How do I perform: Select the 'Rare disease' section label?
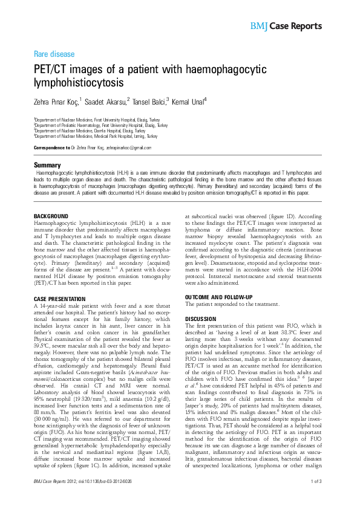(54, 54)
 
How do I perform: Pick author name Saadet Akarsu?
(106, 101)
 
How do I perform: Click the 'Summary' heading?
(47, 165)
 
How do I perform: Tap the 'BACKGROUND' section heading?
(51, 216)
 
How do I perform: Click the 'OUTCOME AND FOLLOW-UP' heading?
(218, 297)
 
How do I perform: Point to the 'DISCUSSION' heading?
(200, 319)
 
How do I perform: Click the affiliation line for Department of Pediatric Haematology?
(100, 125)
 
